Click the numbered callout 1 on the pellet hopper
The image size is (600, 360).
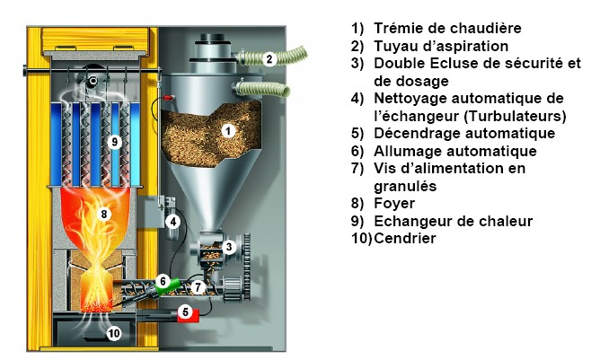[227, 130]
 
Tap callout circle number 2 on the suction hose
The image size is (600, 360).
[269, 58]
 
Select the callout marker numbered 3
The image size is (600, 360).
[229, 246]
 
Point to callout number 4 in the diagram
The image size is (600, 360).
[173, 221]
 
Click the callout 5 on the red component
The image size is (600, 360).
[184, 312]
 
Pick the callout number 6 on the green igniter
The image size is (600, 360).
[163, 281]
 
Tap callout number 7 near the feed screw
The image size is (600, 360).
[198, 287]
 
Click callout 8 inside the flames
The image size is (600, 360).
[104, 214]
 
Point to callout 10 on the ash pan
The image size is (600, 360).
[113, 333]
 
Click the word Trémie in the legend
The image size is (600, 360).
[400, 28]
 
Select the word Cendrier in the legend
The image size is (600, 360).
[406, 239]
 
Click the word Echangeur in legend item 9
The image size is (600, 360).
[413, 221]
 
